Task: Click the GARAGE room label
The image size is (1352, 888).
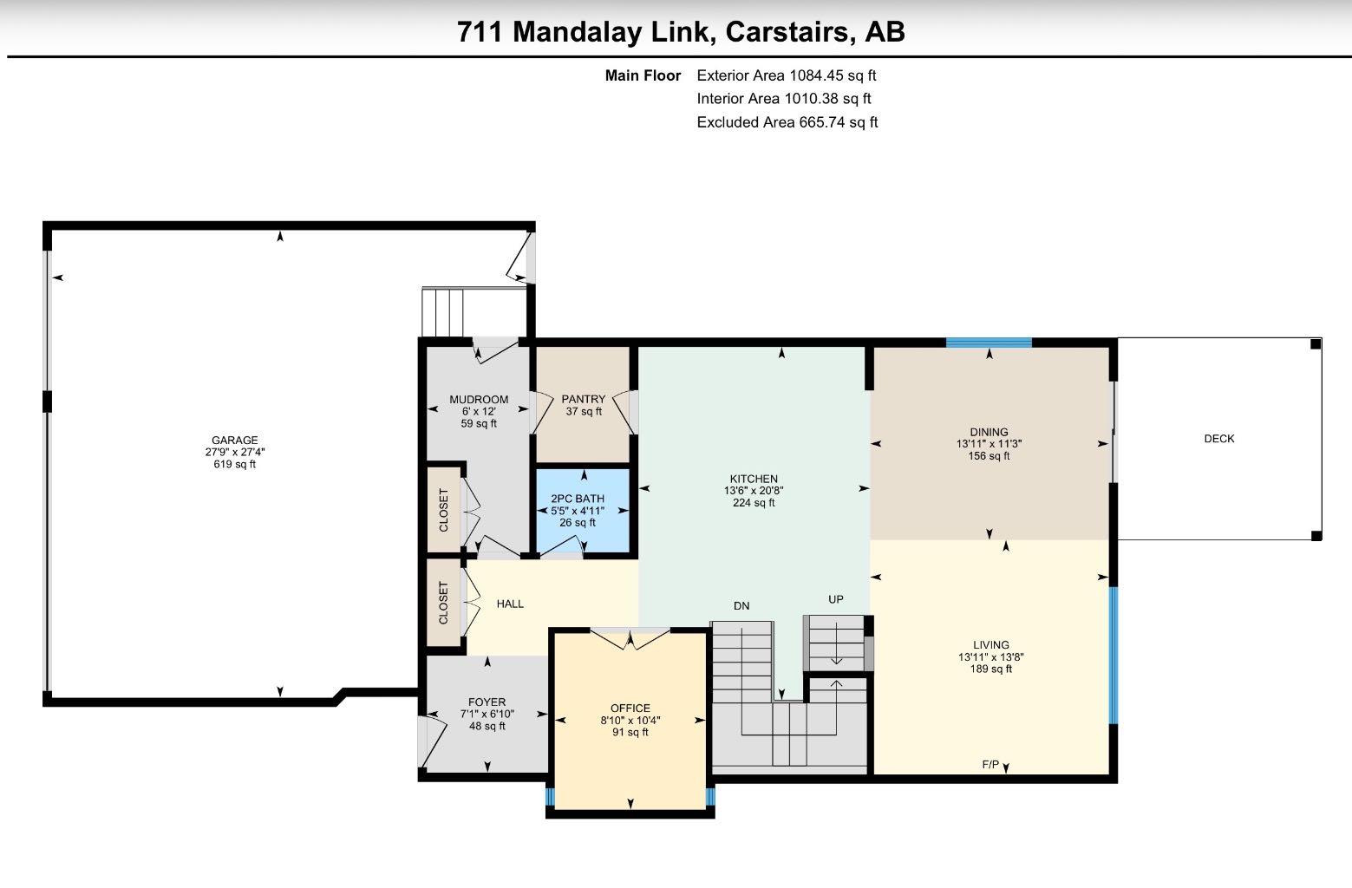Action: click(x=234, y=440)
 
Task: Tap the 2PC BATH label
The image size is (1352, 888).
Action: click(x=578, y=499)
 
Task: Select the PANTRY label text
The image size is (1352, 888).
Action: click(x=583, y=399)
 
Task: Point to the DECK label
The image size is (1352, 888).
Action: click(x=1219, y=439)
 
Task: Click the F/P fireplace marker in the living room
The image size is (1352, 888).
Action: click(x=990, y=764)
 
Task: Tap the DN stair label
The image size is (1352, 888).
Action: click(x=741, y=605)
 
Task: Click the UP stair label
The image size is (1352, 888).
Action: click(x=836, y=599)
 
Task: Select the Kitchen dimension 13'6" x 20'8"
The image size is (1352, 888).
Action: click(x=754, y=491)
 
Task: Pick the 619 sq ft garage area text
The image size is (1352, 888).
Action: click(x=235, y=464)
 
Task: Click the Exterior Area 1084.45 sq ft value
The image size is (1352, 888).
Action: click(x=787, y=75)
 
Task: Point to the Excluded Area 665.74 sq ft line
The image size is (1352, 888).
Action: click(x=787, y=122)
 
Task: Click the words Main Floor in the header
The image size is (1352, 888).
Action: click(x=643, y=75)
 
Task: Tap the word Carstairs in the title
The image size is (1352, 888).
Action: click(x=790, y=32)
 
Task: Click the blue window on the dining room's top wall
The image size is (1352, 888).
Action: click(x=989, y=343)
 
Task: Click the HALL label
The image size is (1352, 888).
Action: click(x=510, y=604)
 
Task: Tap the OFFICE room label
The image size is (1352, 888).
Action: click(x=630, y=708)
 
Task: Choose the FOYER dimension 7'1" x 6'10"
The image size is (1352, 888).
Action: click(x=487, y=715)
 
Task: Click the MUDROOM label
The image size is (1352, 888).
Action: click(x=479, y=400)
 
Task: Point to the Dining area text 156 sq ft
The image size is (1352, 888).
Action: click(x=989, y=456)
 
